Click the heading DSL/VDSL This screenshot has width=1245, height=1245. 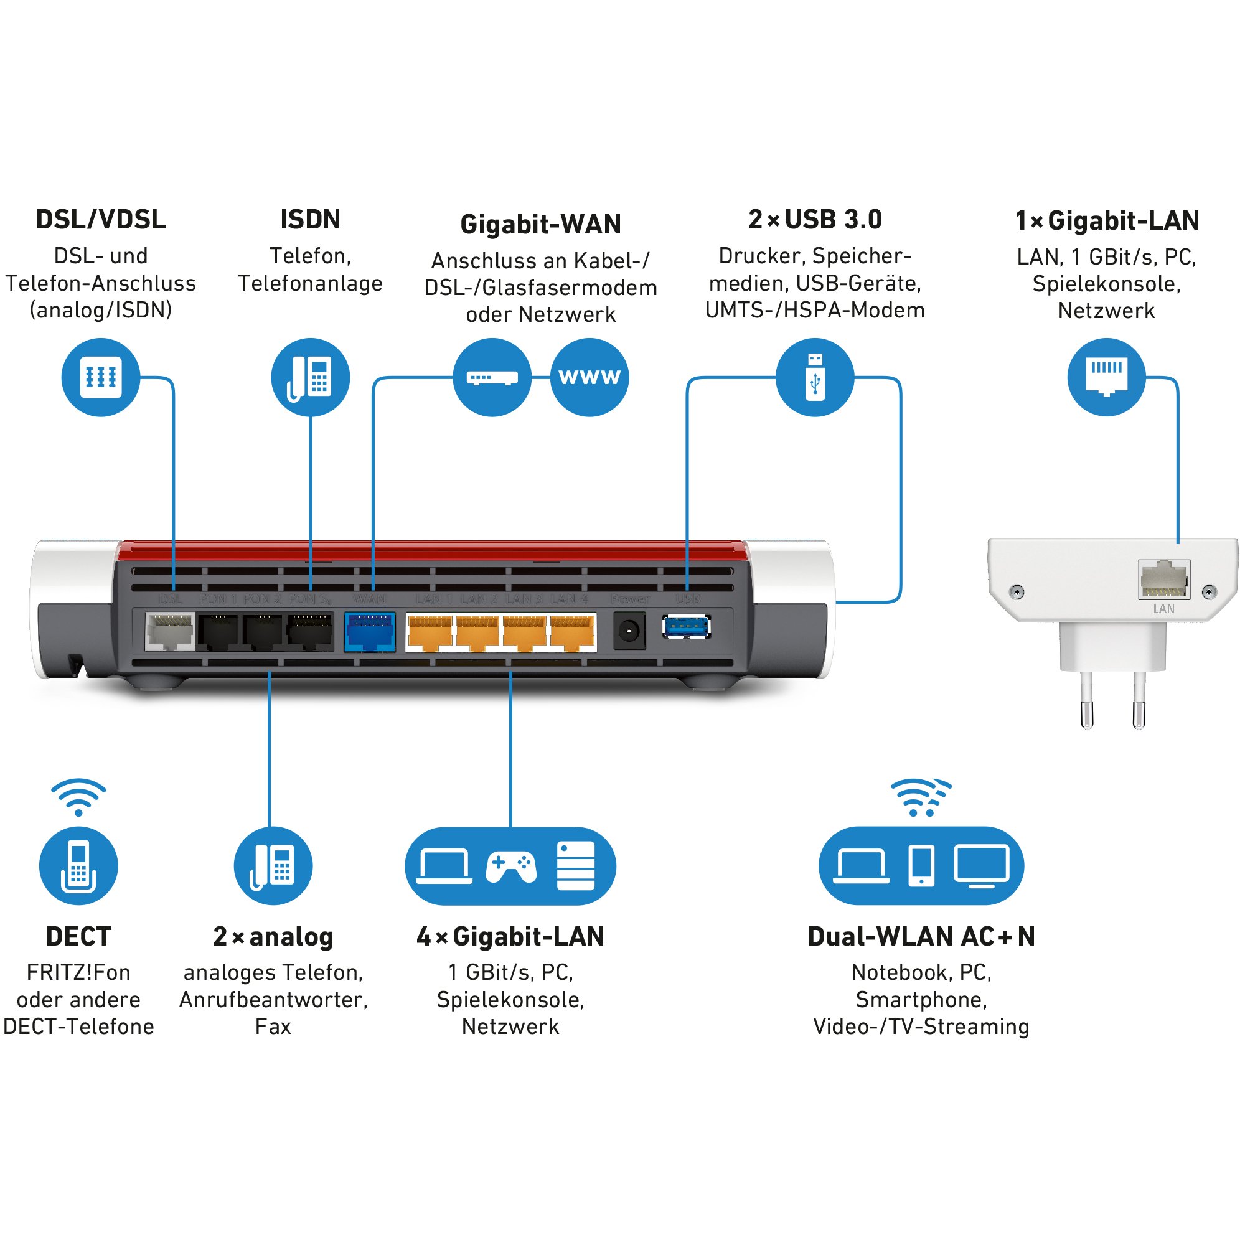tap(100, 220)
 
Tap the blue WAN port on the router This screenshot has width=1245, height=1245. tap(369, 631)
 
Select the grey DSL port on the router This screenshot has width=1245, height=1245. tap(169, 631)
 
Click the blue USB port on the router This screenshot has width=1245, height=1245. tap(687, 626)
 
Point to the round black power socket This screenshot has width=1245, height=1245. tap(628, 631)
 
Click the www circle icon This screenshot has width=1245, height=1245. tap(589, 377)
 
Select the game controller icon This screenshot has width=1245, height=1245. tap(510, 867)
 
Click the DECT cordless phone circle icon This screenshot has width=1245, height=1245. tap(78, 865)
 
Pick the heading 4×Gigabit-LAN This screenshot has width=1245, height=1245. tap(510, 936)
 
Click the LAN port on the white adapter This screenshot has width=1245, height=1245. tap(1164, 580)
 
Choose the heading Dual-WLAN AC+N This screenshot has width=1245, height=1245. tap(921, 936)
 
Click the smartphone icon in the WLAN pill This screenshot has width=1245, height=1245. tap(921, 865)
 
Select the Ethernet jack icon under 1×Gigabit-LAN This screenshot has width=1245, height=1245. tap(1106, 377)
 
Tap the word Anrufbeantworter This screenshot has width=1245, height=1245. tap(273, 1000)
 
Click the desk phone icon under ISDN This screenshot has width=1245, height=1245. tap(310, 377)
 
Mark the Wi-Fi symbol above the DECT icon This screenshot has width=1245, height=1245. tap(78, 797)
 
